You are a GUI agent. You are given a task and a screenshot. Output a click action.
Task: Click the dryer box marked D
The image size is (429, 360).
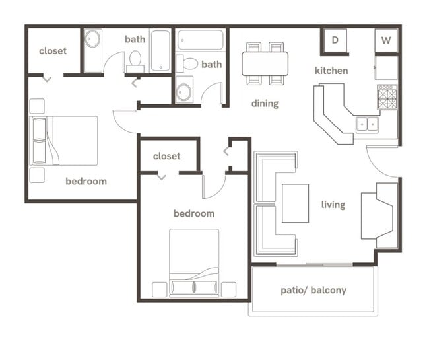coord(335,41)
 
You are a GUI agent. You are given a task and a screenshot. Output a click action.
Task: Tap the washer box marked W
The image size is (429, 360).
coord(386,41)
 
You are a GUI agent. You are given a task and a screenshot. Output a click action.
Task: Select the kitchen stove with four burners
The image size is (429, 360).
coord(387,97)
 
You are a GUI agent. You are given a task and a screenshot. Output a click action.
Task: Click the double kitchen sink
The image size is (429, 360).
coord(366,124)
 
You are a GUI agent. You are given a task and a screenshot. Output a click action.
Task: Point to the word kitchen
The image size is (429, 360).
coord(331,71)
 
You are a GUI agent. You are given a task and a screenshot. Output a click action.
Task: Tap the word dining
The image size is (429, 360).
coord(265,103)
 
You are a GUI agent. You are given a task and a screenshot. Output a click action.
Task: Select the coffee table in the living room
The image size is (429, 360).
coord(295,203)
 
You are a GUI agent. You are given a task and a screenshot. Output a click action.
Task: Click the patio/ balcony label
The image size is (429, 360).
coord(313,290)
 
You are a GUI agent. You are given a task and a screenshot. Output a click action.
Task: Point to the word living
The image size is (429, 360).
coord(333,205)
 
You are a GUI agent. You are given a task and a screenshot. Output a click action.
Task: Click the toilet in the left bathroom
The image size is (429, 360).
coord(136,61)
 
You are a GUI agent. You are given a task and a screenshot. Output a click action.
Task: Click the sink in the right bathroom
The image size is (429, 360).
coord(184,90)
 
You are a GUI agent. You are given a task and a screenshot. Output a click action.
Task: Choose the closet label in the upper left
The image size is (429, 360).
coord(53,51)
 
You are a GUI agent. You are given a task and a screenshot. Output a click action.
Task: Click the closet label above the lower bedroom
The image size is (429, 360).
coord(166,157)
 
